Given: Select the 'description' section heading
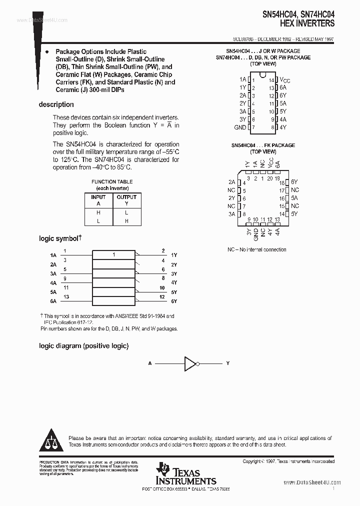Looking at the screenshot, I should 56,104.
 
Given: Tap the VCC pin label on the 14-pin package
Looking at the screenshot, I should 284,79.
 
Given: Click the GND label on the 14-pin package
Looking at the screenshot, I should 240,127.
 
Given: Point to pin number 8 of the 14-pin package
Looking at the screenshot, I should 273,127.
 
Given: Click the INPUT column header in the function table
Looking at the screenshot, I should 98,197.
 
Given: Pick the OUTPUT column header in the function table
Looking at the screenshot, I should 126,197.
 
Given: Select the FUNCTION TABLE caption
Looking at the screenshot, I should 112,182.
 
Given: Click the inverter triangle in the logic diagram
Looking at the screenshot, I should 190,363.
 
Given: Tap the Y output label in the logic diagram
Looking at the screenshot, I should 228,363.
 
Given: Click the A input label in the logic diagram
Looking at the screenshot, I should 149,363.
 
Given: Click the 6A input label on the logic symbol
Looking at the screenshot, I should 53,301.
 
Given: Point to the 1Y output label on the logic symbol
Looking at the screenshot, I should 174,255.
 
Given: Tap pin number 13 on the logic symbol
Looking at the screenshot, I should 65,297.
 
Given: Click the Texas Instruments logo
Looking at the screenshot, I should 185,473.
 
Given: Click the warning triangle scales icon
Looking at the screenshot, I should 52,440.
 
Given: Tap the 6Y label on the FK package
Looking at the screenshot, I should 294,182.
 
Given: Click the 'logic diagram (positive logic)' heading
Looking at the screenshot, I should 84,346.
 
